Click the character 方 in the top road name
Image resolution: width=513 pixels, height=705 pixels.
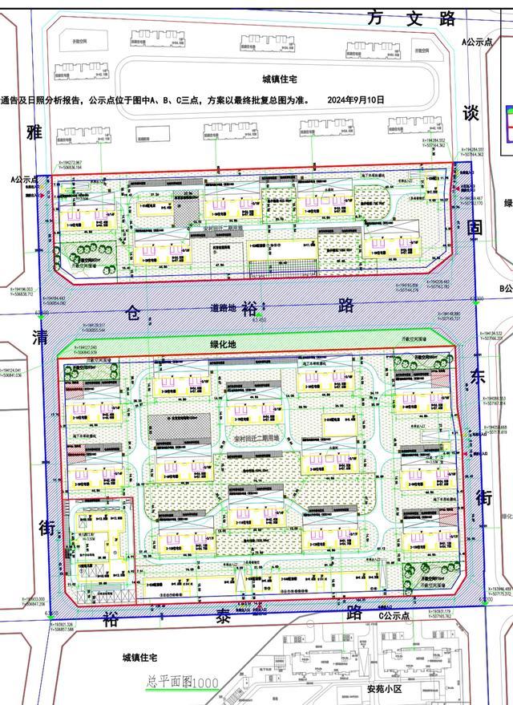tap(376, 19)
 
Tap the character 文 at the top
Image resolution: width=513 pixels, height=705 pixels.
tap(412, 19)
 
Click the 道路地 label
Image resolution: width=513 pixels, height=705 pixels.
tap(224, 307)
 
